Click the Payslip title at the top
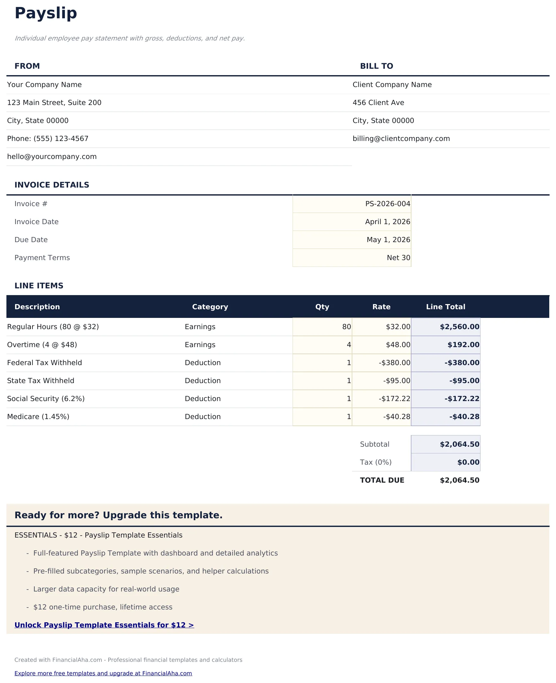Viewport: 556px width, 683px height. click(46, 13)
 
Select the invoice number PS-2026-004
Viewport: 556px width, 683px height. click(387, 204)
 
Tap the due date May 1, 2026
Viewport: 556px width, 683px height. click(388, 240)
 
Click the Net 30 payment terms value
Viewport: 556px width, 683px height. click(398, 258)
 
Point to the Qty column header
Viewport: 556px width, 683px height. click(322, 307)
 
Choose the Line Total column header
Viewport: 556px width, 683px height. click(445, 307)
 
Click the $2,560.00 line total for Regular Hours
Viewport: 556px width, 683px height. click(459, 327)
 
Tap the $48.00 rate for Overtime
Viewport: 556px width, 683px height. click(398, 345)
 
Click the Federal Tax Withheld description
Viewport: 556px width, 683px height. click(44, 363)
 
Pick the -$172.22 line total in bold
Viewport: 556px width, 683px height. click(462, 399)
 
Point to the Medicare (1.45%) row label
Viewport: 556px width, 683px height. click(38, 417)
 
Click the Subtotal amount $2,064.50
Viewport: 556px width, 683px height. click(459, 444)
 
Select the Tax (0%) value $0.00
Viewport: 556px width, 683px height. click(468, 462)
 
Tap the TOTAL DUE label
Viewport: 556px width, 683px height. click(382, 480)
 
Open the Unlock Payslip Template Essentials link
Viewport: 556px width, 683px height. click(104, 625)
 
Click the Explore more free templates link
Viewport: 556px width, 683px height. click(103, 673)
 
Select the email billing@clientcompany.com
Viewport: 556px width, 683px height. click(401, 139)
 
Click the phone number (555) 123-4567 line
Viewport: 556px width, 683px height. click(48, 139)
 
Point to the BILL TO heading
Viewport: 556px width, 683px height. click(376, 66)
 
